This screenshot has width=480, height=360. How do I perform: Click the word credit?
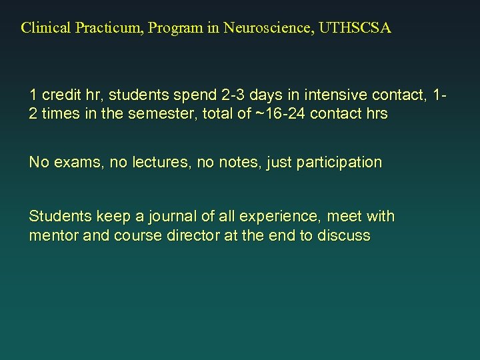coord(62,95)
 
